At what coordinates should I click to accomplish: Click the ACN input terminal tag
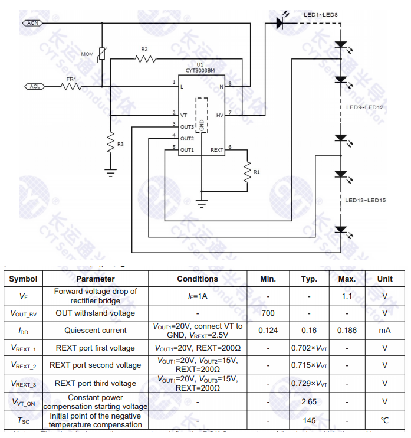[x=32, y=23]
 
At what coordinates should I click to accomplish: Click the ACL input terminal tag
[x=35, y=86]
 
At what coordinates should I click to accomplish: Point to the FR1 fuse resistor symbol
[x=71, y=86]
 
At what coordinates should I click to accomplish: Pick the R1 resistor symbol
[x=248, y=171]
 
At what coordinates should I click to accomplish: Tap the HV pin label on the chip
[x=219, y=116]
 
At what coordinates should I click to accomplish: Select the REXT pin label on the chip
[x=216, y=150]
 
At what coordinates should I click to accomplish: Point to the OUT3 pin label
[x=187, y=127]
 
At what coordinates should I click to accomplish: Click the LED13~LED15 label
[x=365, y=201]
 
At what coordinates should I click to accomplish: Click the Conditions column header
[x=198, y=279]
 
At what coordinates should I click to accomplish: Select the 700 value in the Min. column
[x=268, y=313]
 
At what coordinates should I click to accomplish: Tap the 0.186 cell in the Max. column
[x=347, y=330]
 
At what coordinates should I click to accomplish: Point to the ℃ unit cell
[x=384, y=420]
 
